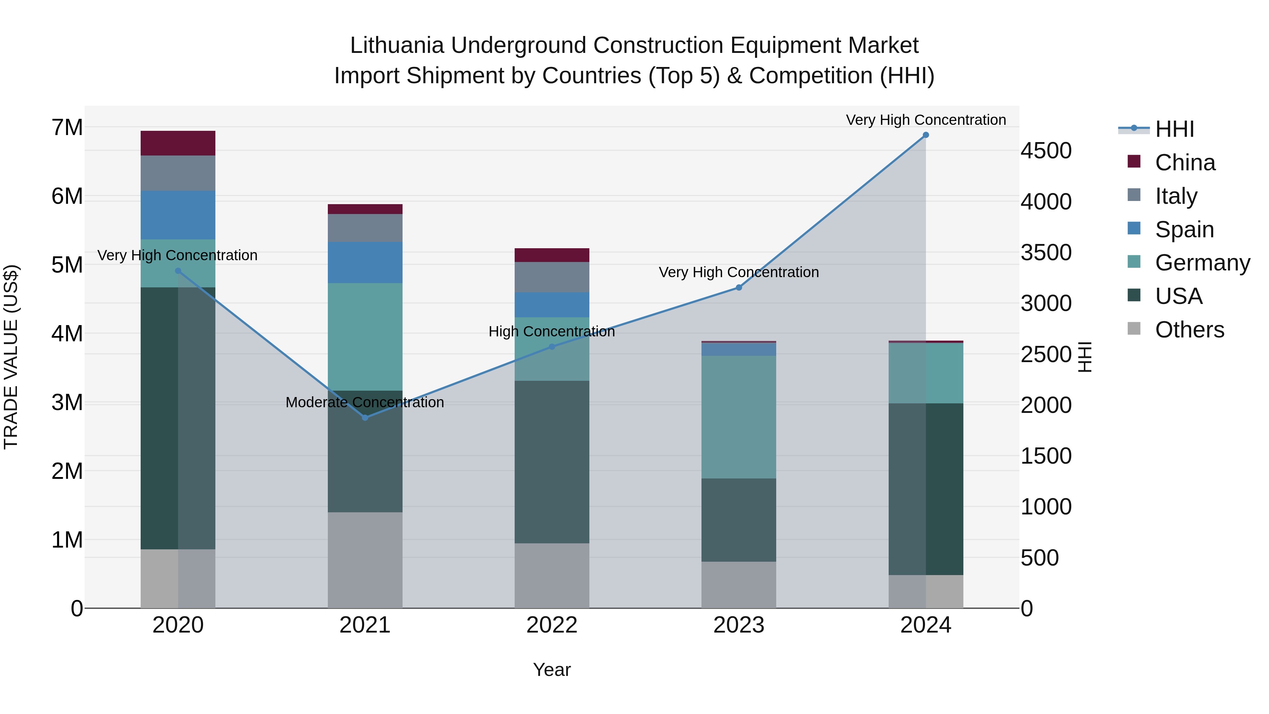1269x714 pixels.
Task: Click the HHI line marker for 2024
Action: click(x=925, y=135)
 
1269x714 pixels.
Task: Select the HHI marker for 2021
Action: click(x=365, y=418)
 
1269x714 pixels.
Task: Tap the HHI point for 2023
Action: click(x=738, y=287)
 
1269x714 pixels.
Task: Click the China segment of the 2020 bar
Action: click(x=178, y=144)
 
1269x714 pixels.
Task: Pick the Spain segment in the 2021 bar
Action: click(x=365, y=263)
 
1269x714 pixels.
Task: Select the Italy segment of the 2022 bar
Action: click(x=552, y=277)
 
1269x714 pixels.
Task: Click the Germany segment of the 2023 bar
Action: click(x=738, y=417)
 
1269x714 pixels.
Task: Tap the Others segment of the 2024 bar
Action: click(x=926, y=591)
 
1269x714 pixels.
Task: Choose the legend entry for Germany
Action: click(x=1202, y=263)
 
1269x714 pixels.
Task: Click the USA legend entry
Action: click(x=1178, y=296)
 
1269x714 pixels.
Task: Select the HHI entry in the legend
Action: click(x=1174, y=129)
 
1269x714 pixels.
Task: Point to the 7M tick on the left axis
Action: click(x=67, y=128)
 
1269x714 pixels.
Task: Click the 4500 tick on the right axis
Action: click(x=1046, y=151)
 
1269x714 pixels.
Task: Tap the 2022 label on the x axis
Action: click(x=552, y=625)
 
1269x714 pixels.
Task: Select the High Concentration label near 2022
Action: click(x=552, y=332)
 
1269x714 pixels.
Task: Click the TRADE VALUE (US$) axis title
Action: click(x=11, y=357)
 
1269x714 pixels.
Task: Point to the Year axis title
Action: click(x=552, y=670)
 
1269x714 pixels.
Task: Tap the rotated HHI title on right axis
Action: click(x=1085, y=357)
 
